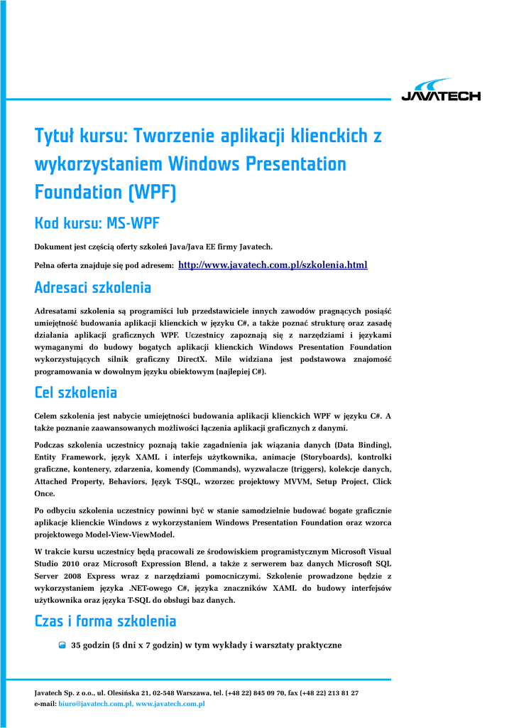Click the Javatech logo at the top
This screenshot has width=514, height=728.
pos(440,91)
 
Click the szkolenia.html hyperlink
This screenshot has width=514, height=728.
pos(273,265)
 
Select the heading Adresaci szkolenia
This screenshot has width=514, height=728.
pos(93,288)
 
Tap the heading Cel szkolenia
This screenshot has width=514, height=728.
pos(76,392)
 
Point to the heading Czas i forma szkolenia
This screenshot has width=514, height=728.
pos(105,621)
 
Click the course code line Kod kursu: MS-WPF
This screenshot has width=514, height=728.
pos(97,224)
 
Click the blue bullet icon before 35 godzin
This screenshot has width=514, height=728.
pos(62,646)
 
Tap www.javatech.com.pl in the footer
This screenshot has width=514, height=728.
pos(170,704)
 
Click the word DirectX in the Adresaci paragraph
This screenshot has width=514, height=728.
pos(192,359)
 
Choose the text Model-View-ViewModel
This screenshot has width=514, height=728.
pos(131,535)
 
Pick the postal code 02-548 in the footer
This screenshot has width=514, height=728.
pos(168,692)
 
